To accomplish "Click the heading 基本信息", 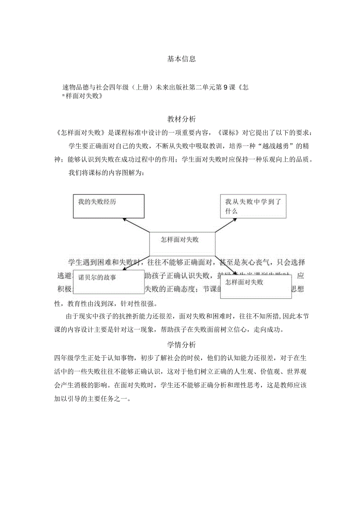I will click(182, 59).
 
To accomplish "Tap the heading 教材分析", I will click(182, 119).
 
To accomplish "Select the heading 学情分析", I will click(182, 345).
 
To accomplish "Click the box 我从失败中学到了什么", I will click(253, 206).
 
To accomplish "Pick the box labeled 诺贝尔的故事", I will click(106, 282).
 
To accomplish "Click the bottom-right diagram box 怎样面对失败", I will click(256, 286).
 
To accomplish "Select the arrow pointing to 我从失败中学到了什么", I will click(226, 225).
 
